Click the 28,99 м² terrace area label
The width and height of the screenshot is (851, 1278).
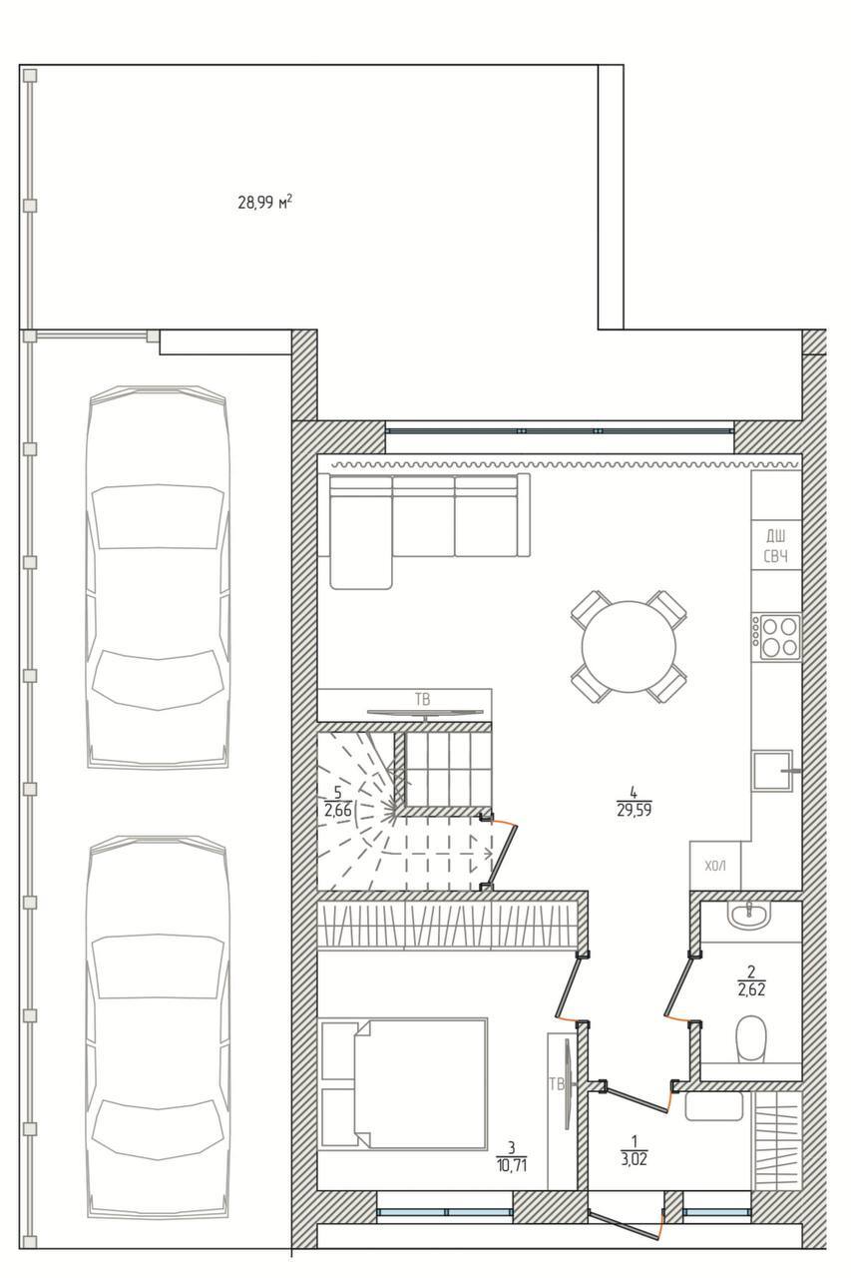(264, 203)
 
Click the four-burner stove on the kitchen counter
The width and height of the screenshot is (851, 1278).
(776, 636)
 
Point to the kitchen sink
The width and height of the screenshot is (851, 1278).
(771, 771)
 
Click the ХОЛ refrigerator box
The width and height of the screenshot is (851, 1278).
(715, 866)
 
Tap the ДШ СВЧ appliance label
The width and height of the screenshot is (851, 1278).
(775, 546)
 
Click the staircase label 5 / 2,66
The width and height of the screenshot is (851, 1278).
(337, 802)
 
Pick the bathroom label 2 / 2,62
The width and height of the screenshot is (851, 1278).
(750, 980)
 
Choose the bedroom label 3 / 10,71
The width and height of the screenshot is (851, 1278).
(511, 1156)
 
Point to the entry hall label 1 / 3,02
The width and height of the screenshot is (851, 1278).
(633, 1149)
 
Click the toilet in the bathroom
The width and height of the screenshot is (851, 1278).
(750, 1039)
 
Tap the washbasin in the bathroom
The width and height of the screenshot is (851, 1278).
(748, 914)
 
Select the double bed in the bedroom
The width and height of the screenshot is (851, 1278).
(404, 1083)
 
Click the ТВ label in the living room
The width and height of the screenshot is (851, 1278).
(423, 698)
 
